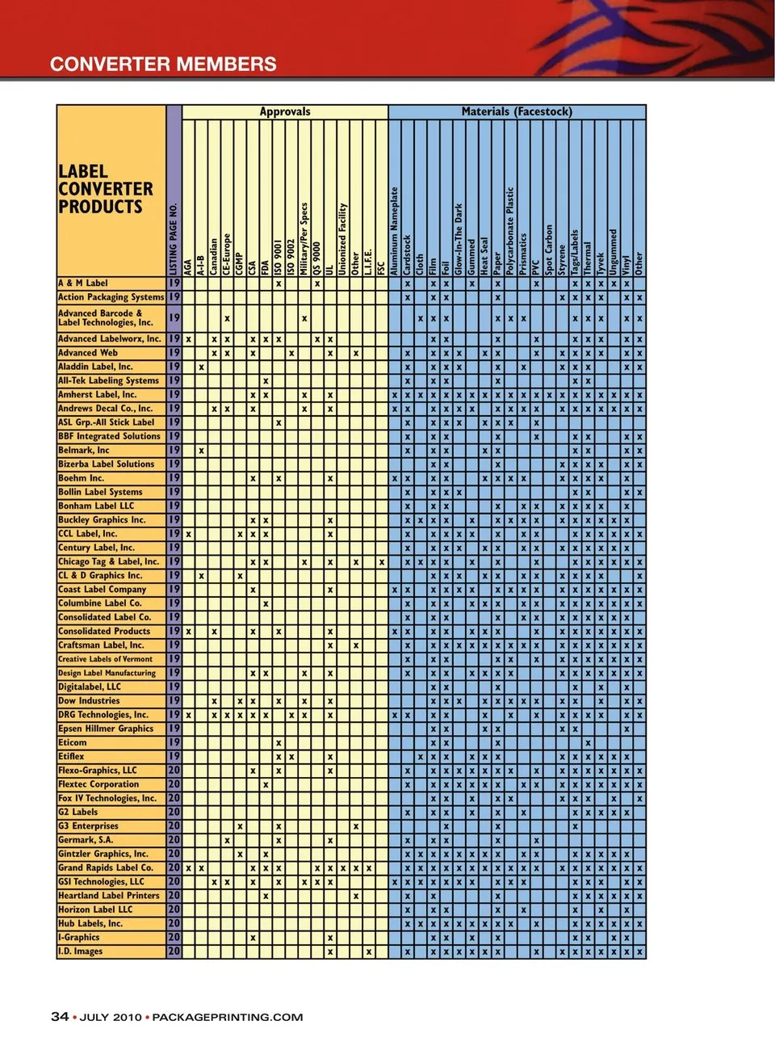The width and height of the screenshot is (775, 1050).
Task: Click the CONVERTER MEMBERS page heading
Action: click(x=163, y=65)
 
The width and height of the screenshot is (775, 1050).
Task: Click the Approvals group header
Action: click(x=284, y=112)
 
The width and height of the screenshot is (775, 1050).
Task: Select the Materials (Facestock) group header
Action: click(x=517, y=112)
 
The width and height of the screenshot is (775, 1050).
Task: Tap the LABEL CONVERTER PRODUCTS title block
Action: click(x=105, y=189)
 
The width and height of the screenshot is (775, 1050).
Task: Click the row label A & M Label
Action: click(x=83, y=283)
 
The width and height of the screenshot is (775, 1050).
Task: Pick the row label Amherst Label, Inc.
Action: click(x=97, y=394)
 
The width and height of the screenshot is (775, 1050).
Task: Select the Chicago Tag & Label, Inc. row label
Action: click(x=108, y=561)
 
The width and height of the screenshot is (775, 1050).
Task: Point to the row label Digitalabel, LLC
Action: click(x=89, y=687)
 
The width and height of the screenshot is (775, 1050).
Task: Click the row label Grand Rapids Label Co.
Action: click(x=105, y=867)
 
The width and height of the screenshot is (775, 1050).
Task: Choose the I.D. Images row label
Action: click(x=81, y=951)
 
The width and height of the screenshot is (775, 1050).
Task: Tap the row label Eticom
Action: click(x=73, y=742)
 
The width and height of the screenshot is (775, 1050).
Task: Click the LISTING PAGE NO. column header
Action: click(x=174, y=238)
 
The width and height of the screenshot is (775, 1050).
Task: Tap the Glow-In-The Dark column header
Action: click(x=459, y=239)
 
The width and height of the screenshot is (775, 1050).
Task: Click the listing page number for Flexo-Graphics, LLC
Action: click(x=174, y=771)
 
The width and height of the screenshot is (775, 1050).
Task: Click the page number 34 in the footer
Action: click(x=60, y=1017)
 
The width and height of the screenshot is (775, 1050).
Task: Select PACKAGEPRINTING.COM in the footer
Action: click(x=228, y=1018)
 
